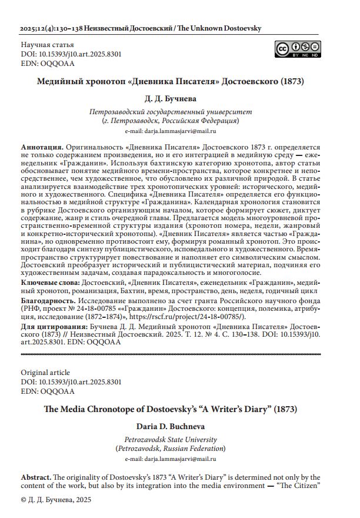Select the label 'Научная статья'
coord(47,45)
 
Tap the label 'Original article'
coord(45,372)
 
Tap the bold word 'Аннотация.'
coord(42,145)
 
